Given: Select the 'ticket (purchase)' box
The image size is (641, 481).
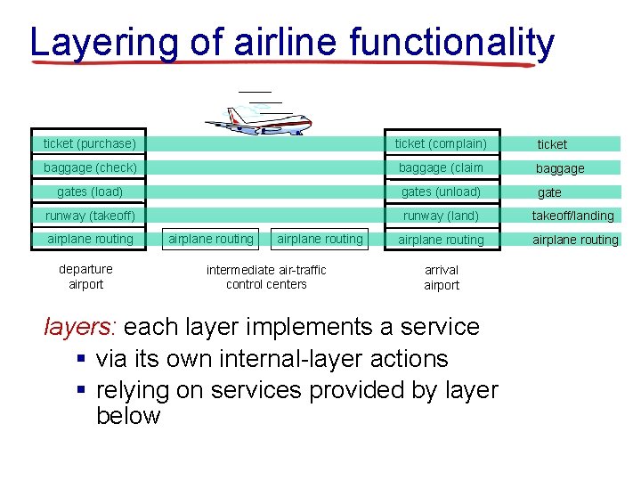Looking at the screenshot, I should (90, 143).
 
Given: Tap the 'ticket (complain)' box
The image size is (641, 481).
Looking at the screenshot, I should (441, 143).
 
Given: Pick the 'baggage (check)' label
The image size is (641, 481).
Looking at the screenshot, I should (90, 167).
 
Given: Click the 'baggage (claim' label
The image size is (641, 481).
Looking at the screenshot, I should (441, 167).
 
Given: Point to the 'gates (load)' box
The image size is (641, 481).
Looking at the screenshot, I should (90, 192).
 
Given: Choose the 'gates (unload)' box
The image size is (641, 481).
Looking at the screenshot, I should (441, 192).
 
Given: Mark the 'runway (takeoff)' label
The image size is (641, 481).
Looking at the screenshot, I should (90, 216).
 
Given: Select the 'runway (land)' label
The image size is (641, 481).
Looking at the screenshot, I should (441, 216).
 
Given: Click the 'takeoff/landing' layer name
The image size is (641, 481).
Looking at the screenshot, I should (572, 216).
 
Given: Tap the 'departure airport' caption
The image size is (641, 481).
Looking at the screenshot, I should (85, 277).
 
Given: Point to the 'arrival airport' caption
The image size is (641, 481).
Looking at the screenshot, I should (442, 278).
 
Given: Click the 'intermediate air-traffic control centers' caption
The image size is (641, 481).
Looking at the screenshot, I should (266, 277).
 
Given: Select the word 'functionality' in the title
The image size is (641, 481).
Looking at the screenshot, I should (451, 42).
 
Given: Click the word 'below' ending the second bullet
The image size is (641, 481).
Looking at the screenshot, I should (127, 416).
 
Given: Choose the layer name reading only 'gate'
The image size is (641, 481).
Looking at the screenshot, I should (549, 192).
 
